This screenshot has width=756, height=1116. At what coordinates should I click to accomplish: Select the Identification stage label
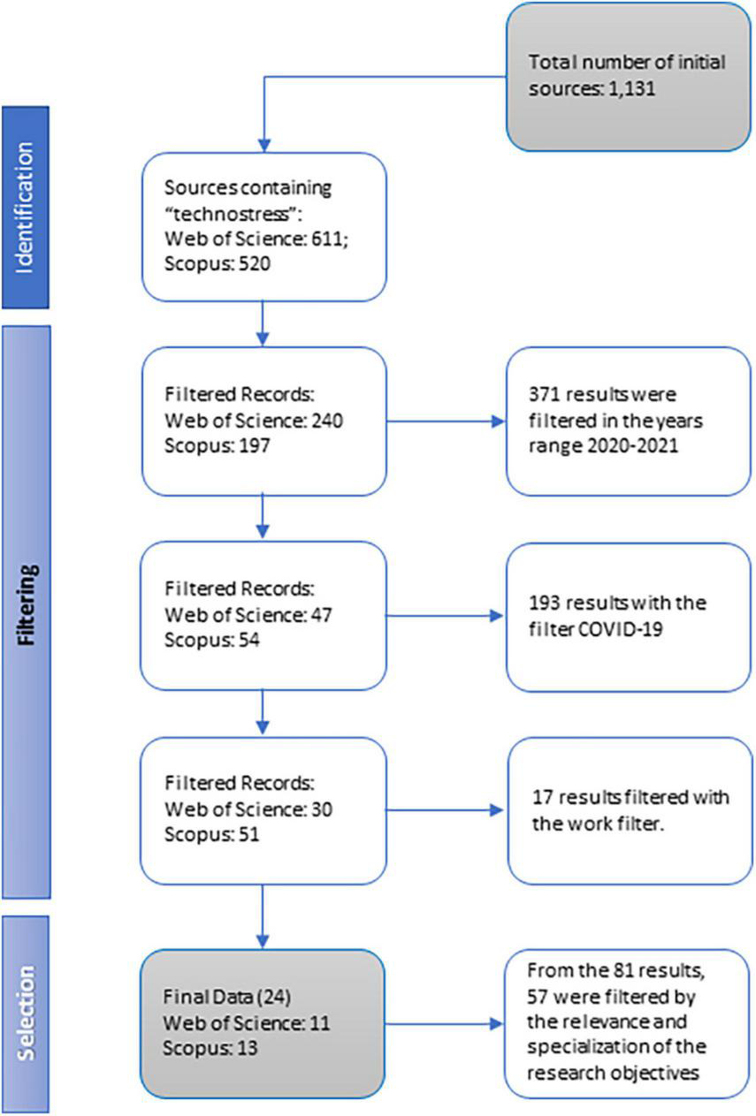coord(25,207)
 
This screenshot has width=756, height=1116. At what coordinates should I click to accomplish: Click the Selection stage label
coord(26,1013)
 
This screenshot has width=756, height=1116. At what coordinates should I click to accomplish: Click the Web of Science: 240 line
coord(253,421)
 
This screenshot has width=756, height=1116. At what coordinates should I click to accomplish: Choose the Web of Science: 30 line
coord(248,809)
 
